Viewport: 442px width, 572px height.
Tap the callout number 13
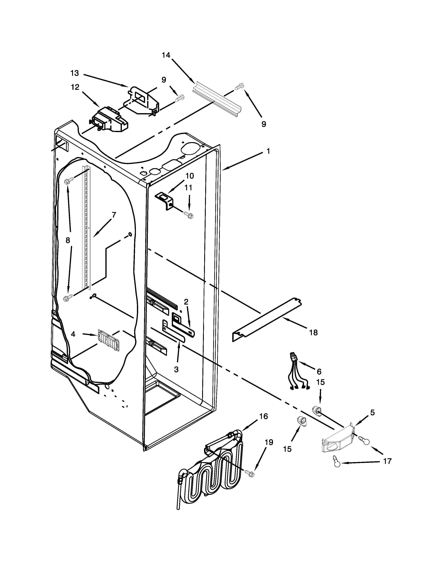coord(75,73)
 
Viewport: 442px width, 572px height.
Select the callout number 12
coord(75,87)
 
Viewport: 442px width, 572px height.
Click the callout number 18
coord(313,333)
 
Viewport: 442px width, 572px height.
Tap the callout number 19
coord(269,442)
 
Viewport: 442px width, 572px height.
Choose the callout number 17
coord(387,461)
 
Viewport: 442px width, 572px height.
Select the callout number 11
coord(188,188)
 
